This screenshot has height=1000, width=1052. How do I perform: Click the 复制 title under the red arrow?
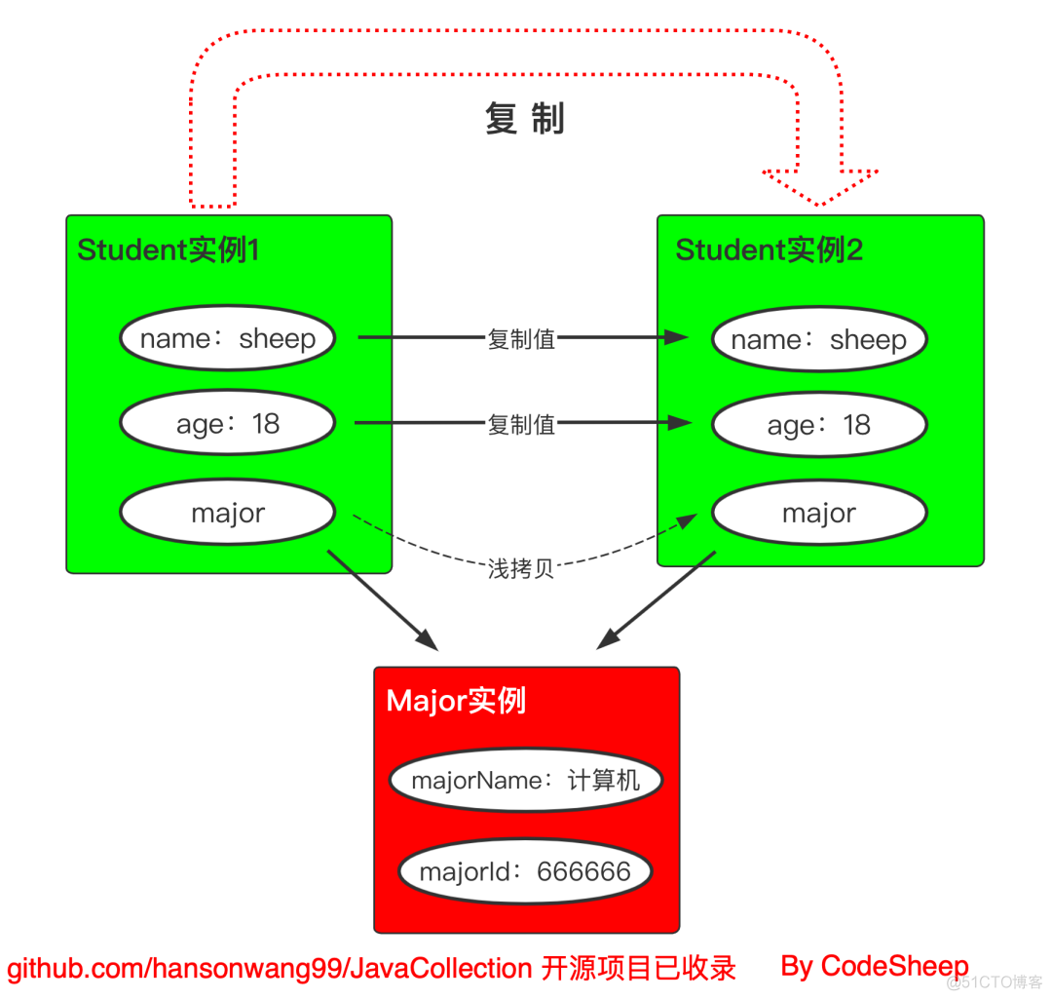(x=524, y=119)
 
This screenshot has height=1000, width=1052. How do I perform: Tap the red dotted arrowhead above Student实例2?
(x=820, y=185)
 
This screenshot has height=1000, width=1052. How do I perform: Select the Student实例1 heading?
(x=169, y=250)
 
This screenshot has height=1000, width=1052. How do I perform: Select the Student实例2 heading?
(x=770, y=250)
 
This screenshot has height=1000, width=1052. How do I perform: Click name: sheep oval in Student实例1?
(x=227, y=338)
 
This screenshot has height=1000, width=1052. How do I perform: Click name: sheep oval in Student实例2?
(x=818, y=339)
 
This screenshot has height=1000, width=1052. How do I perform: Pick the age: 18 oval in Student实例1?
(x=227, y=423)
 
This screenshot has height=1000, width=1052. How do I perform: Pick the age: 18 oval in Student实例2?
(x=818, y=425)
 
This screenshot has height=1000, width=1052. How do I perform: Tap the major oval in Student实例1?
(x=227, y=513)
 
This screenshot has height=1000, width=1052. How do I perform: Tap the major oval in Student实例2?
(x=818, y=513)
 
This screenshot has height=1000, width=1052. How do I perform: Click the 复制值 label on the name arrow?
(x=521, y=339)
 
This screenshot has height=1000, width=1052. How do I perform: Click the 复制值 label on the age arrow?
(x=521, y=424)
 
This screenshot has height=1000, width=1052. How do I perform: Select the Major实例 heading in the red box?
(x=456, y=701)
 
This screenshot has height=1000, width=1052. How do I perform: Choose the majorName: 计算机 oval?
(x=526, y=781)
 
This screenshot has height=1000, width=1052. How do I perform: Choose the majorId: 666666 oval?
(x=525, y=871)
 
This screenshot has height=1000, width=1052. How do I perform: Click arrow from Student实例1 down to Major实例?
(x=384, y=601)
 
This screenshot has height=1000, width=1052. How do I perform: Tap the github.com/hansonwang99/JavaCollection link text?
(x=269, y=969)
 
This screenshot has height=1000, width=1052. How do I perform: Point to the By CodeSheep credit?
(x=874, y=966)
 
